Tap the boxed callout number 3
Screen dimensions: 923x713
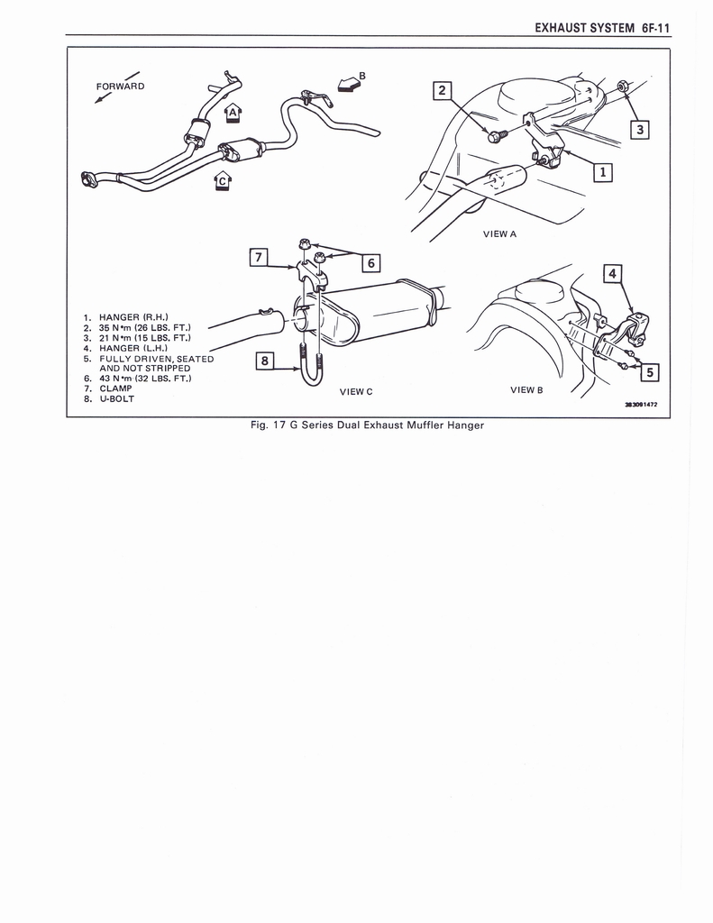tap(639, 130)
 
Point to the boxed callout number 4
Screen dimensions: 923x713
tap(612, 272)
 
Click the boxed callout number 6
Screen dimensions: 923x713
tap(370, 263)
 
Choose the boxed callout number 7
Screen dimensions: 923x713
tap(258, 258)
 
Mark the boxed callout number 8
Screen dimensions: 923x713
tap(264, 361)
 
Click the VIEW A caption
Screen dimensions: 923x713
tap(499, 233)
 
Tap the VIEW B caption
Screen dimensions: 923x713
tap(526, 389)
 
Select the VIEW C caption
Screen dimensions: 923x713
tap(356, 391)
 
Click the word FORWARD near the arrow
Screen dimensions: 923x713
tap(120, 87)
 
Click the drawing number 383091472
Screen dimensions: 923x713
tap(641, 405)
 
